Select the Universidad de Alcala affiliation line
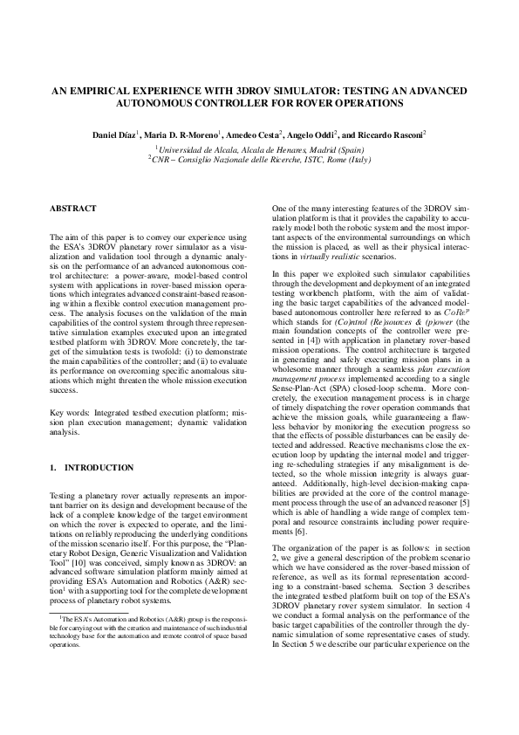coord(259,149)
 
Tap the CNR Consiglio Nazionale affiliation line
coord(259,161)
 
